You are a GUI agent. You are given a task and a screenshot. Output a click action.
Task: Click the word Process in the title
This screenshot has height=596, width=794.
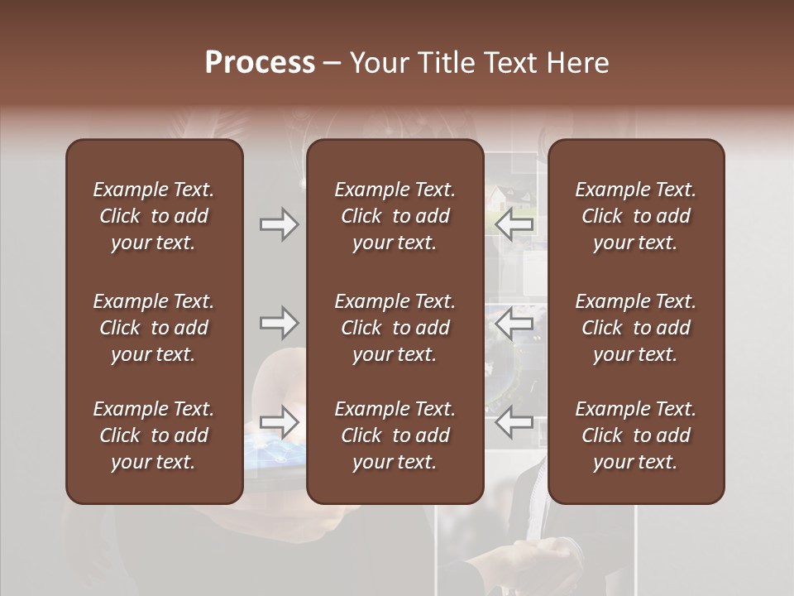(x=260, y=63)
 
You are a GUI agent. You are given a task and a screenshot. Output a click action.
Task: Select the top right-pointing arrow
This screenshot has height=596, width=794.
(x=279, y=224)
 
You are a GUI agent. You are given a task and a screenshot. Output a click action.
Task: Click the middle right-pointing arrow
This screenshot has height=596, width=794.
(x=279, y=323)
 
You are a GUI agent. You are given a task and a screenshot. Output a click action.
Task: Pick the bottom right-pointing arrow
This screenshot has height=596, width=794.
(x=279, y=422)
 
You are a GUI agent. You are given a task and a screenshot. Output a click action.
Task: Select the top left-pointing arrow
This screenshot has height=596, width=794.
(x=514, y=224)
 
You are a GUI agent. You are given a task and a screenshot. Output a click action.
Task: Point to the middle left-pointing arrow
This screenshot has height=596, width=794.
(x=514, y=323)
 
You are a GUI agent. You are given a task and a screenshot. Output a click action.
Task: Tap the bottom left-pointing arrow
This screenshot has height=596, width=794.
(x=514, y=422)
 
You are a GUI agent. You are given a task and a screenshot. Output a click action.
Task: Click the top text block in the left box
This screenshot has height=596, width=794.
(x=154, y=216)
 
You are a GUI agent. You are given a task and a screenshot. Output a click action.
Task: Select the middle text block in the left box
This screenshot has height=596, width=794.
(x=154, y=328)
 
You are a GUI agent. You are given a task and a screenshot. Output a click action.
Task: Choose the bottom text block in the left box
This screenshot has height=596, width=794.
(x=154, y=435)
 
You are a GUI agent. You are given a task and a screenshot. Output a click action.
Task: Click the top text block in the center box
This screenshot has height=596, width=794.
(x=395, y=216)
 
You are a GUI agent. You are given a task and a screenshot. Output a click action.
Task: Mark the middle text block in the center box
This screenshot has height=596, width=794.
(x=395, y=328)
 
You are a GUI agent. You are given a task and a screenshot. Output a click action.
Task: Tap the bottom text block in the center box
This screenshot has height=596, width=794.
(x=395, y=435)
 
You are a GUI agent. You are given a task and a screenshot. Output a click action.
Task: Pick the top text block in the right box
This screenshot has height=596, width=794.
(x=635, y=216)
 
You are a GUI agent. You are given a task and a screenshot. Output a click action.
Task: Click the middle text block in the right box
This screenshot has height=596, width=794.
(x=635, y=328)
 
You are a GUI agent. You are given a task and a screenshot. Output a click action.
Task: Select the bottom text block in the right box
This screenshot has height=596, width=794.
(x=635, y=435)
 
